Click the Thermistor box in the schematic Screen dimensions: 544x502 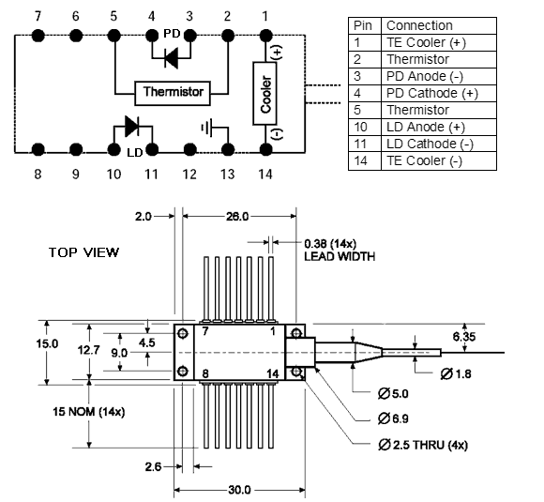tap(173, 93)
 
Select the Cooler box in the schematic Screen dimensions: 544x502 tap(264, 94)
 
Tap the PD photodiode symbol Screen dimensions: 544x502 tap(171, 57)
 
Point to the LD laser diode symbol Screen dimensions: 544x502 tap(132, 126)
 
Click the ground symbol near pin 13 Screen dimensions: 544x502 tap(206, 129)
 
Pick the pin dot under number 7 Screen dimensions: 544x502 tap(38, 36)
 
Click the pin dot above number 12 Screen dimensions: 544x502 tap(189, 150)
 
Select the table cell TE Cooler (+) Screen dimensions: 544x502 tap(439, 43)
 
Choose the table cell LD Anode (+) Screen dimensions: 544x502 tap(439, 127)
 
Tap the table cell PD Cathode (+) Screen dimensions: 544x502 tap(439, 94)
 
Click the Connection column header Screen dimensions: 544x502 tap(439, 25)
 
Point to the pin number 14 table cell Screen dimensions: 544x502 tap(365, 161)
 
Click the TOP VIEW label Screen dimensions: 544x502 tap(83, 252)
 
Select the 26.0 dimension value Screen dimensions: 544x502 tap(237, 217)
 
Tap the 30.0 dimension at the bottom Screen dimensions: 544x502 tap(239, 490)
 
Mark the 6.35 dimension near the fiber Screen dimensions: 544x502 tap(464, 337)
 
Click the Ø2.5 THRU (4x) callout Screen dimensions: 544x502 tap(423, 445)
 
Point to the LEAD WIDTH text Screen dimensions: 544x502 tap(340, 256)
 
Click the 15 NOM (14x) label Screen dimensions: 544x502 tap(89, 412)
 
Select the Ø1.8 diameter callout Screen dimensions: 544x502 tap(456, 373)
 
